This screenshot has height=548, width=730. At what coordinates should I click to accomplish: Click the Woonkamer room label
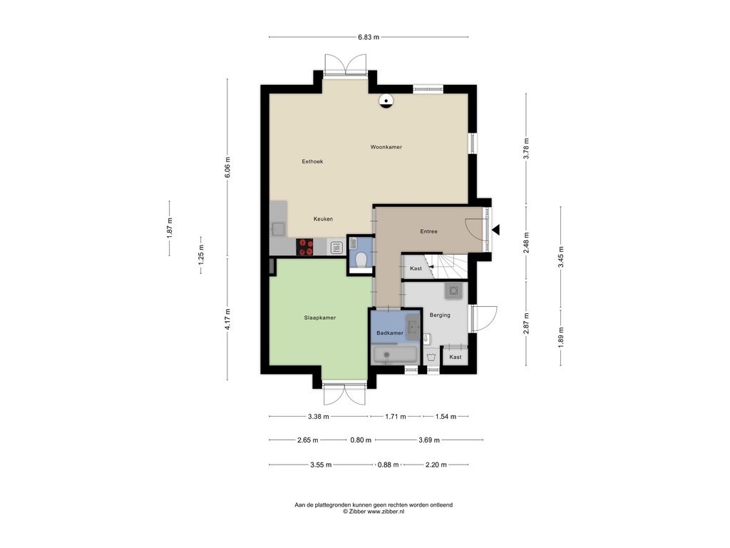386,147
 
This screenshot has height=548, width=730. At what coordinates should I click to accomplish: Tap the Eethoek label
312,162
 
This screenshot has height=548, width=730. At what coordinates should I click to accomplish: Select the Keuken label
323,219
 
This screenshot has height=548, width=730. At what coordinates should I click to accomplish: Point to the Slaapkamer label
320,318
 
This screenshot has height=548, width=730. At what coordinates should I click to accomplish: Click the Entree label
428,232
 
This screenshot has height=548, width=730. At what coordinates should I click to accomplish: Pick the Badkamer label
390,333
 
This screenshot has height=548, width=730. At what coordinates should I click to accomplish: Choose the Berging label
440,315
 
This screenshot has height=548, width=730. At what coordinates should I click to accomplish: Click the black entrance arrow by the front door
496,230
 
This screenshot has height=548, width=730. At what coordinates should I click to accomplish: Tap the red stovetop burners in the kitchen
306,247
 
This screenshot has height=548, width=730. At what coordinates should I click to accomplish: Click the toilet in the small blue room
361,258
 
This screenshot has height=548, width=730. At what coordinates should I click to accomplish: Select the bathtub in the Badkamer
395,355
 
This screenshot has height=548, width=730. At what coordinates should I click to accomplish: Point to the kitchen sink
279,229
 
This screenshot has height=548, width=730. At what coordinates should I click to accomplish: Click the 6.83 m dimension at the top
369,37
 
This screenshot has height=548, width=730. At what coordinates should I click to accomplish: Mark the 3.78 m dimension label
526,148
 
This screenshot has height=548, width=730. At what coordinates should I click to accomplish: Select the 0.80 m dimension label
361,440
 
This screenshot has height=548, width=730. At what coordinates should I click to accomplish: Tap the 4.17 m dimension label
227,319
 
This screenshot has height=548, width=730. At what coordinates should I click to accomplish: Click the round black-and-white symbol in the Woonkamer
386,101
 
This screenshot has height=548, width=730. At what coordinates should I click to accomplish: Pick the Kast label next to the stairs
416,269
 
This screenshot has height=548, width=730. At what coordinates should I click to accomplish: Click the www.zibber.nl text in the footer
386,511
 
